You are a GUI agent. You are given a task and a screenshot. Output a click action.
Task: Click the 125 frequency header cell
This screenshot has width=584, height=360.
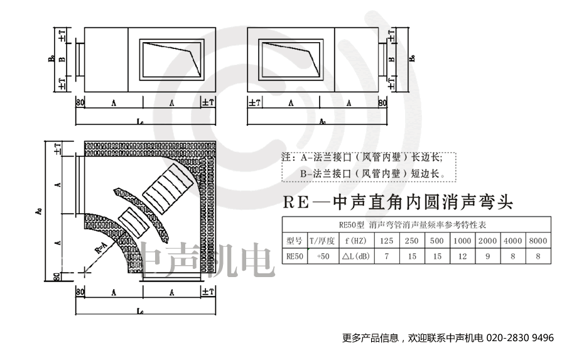pyautogui.click(x=387, y=241)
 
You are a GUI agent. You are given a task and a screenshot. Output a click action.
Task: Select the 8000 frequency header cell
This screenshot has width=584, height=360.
pyautogui.click(x=538, y=241)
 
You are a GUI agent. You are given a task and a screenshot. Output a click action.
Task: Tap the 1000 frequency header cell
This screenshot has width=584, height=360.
pyautogui.click(x=462, y=241)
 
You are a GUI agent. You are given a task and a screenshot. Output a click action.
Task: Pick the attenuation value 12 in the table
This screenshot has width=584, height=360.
pyautogui.click(x=462, y=256)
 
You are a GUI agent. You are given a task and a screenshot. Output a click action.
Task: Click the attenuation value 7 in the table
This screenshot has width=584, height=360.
pyautogui.click(x=387, y=256)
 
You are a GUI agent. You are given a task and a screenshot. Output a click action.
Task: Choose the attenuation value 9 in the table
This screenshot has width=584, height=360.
pyautogui.click(x=487, y=256)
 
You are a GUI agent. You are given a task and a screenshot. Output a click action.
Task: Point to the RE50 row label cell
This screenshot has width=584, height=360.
pyautogui.click(x=295, y=256)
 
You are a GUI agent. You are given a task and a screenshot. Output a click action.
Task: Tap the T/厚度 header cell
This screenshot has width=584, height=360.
pyautogui.click(x=323, y=241)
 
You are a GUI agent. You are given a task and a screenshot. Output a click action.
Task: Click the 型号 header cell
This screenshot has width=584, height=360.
pyautogui.click(x=295, y=241)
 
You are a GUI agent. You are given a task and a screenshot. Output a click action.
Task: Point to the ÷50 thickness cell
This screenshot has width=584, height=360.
pyautogui.click(x=323, y=256)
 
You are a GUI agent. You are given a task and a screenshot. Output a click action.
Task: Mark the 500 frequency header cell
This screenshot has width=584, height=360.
pyautogui.click(x=437, y=241)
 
